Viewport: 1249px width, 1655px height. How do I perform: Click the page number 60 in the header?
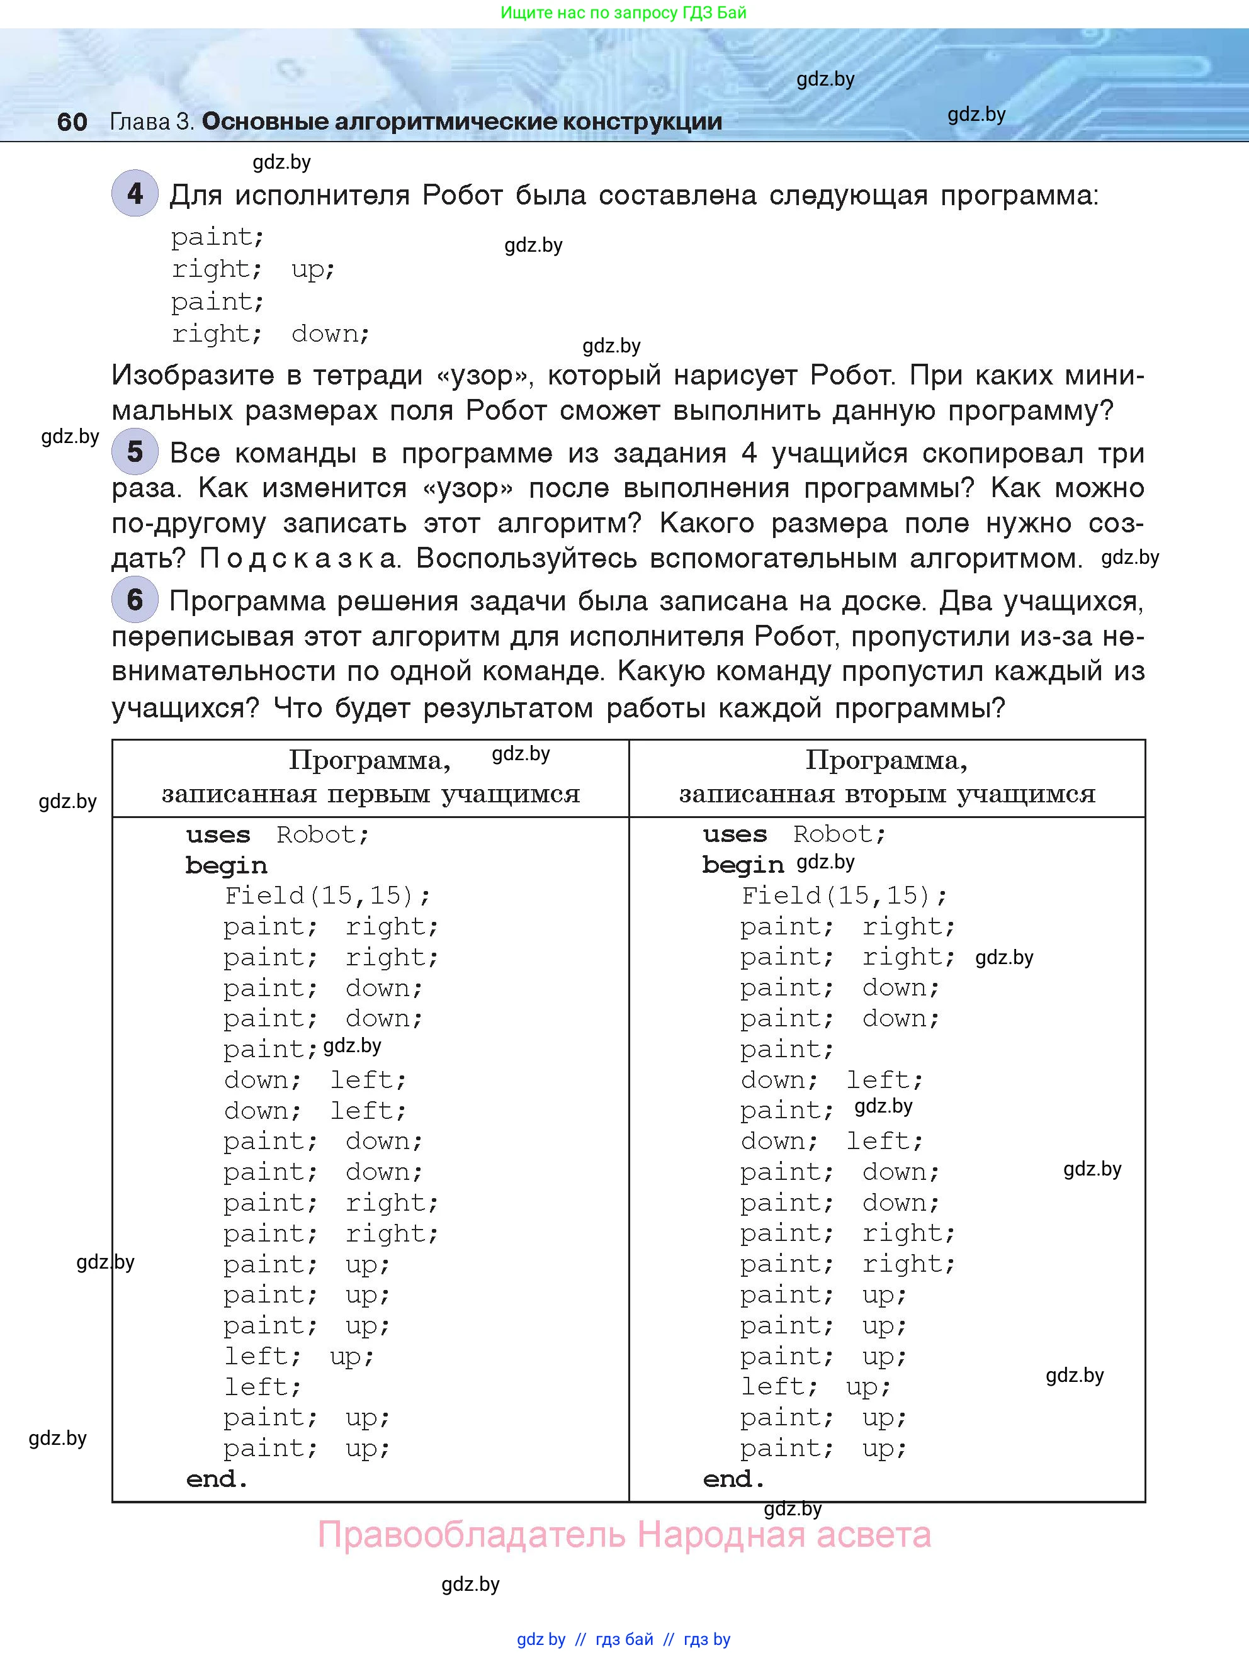point(72,122)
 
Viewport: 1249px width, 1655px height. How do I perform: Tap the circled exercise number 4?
point(135,194)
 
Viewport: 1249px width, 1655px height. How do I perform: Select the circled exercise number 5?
point(135,451)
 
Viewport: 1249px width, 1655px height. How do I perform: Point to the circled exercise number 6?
point(135,599)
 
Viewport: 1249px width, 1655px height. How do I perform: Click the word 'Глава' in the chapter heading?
point(140,122)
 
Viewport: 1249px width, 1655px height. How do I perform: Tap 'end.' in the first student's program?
point(217,1479)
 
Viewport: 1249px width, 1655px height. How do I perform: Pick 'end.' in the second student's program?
point(733,1479)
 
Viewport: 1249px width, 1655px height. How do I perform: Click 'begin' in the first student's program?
point(226,866)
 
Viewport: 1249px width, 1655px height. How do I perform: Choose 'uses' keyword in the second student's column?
point(735,834)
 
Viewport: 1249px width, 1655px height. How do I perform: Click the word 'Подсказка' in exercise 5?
point(298,559)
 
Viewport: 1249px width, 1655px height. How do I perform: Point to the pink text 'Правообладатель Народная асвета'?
point(624,1535)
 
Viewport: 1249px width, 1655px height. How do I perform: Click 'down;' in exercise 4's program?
point(330,334)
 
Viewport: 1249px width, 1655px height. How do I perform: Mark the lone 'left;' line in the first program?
point(262,1387)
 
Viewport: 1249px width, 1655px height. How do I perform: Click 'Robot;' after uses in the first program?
point(322,834)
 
